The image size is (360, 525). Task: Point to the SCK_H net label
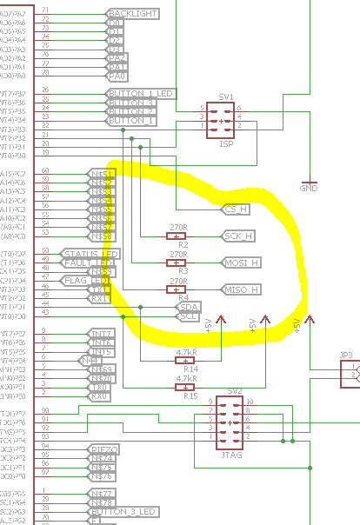tap(238, 236)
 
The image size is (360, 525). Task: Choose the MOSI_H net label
tap(241, 262)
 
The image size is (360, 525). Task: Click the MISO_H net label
tap(241, 289)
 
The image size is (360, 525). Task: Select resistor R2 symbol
tap(177, 236)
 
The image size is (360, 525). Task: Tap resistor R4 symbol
tap(177, 289)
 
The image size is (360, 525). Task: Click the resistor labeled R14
tap(185, 361)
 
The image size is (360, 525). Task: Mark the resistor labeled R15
tap(185, 388)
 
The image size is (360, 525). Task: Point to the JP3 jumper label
tap(346, 355)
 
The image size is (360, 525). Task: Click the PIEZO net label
tap(103, 449)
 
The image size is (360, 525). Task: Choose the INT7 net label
tap(101, 333)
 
